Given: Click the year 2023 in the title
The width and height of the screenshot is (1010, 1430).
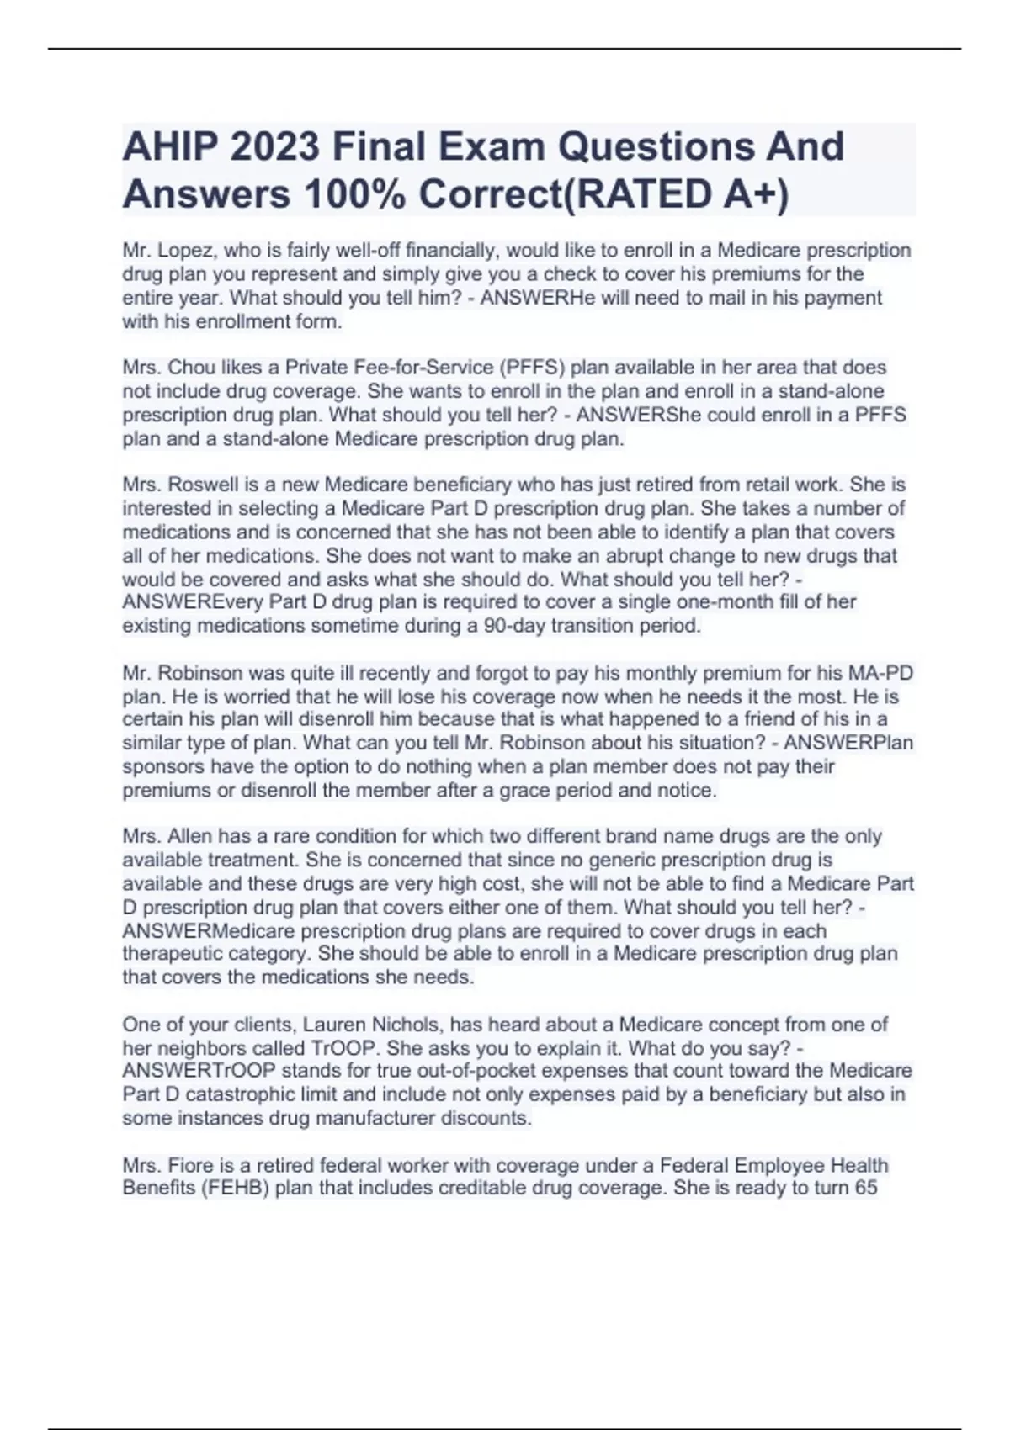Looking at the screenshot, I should pyautogui.click(x=274, y=147).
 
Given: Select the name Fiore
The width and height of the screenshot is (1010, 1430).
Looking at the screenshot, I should pyautogui.click(x=190, y=1166).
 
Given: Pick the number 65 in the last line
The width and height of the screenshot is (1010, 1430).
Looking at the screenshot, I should pyautogui.click(x=865, y=1189).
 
